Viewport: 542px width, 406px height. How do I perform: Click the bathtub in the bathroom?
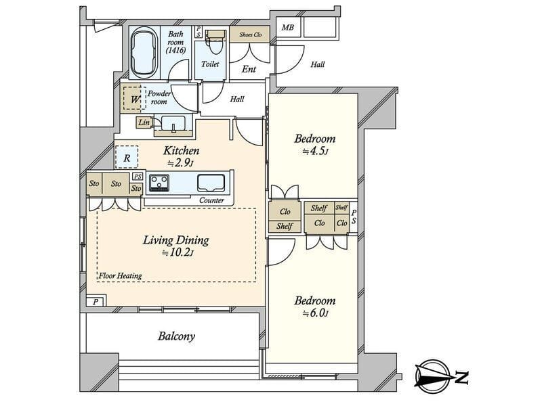[144, 53]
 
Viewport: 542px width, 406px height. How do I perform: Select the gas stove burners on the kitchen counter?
[159, 183]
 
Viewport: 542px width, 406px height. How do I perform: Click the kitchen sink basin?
[211, 183]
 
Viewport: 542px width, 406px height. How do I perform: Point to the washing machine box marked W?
[134, 99]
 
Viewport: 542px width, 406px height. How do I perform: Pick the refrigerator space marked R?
[127, 158]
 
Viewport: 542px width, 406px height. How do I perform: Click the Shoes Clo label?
[250, 35]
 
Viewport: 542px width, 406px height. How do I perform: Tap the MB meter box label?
[287, 27]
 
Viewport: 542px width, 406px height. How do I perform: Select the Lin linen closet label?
[144, 122]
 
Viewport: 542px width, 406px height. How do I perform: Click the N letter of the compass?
[461, 378]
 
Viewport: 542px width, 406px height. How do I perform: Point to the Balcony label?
[176, 336]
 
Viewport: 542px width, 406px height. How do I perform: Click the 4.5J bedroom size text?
[315, 152]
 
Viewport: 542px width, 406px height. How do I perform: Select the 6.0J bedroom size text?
[315, 313]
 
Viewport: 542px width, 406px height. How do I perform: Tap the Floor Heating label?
[121, 276]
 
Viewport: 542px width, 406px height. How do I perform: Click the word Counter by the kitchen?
[211, 200]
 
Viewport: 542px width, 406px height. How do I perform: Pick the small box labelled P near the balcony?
[96, 301]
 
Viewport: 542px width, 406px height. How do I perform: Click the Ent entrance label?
[249, 70]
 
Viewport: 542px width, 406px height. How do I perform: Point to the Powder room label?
[159, 97]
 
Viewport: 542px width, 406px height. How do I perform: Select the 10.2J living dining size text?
[178, 253]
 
